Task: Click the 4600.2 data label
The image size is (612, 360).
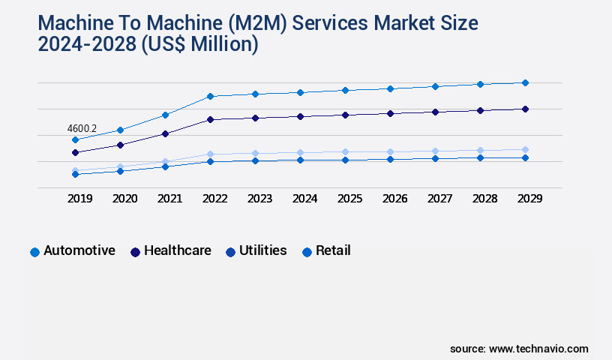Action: point(82,128)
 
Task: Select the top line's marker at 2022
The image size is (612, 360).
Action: point(210,96)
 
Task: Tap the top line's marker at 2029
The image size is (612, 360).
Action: point(525,82)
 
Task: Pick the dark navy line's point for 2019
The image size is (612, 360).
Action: point(75,152)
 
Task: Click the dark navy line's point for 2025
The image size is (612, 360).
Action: point(345,115)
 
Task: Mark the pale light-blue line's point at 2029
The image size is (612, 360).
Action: point(525,149)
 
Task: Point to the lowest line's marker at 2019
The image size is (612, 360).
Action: point(75,174)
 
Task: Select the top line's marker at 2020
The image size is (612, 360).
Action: point(120,130)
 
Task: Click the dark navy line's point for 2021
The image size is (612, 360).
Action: point(165,133)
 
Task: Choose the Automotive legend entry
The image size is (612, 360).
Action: point(73,250)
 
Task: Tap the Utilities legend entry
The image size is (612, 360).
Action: point(256,250)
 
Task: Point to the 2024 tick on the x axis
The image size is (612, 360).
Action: point(304,199)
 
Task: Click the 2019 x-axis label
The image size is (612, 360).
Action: point(80,199)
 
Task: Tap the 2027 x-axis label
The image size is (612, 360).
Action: point(439,199)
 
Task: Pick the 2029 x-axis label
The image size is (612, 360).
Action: point(529,199)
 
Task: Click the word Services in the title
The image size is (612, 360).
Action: point(331,22)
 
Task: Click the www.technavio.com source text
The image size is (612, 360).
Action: point(538,349)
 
